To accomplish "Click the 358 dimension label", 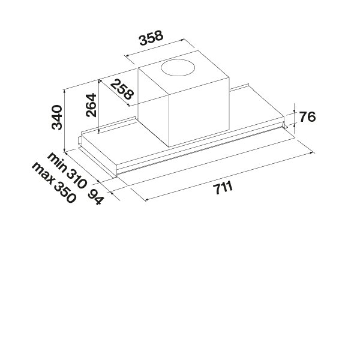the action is point(151,38).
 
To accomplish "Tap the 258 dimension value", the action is point(122,89).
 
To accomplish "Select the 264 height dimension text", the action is point(91,105).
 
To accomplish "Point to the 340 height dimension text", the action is point(56,117).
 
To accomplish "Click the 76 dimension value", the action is point(307,117).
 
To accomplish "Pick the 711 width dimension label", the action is point(223,188).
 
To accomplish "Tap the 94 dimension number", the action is point(95,197).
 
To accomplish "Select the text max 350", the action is point(54,182).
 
